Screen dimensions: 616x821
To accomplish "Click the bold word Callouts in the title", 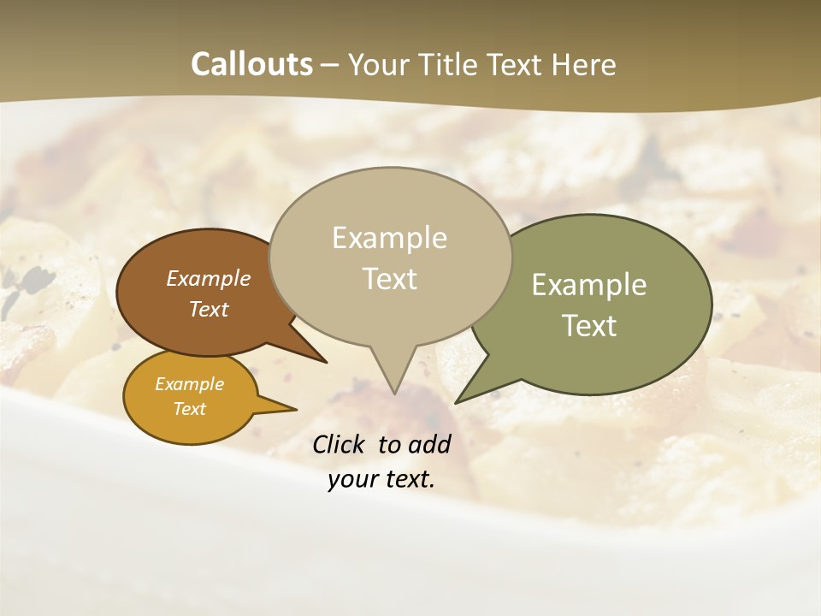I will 251,64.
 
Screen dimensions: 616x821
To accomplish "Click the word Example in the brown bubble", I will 208,278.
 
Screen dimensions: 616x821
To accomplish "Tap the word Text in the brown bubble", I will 209,309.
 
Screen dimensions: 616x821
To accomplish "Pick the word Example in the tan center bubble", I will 389,238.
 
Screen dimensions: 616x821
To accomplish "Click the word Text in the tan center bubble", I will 390,279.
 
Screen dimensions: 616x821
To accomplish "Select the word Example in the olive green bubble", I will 589,285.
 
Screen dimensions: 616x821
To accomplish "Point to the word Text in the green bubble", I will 590,325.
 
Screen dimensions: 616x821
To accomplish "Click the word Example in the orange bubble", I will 189,384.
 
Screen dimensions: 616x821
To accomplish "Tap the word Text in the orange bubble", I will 190,409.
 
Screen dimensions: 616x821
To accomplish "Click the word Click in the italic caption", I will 340,444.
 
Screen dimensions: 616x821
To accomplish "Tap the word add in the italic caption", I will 429,444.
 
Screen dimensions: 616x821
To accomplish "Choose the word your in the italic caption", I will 352,479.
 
